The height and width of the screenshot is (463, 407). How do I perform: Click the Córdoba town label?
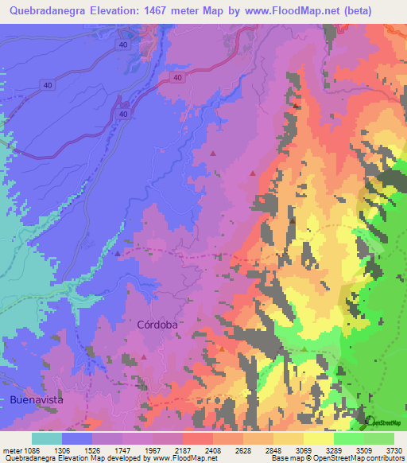156,325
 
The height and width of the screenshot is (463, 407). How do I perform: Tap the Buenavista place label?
36,399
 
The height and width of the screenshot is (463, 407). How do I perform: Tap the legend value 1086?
30,450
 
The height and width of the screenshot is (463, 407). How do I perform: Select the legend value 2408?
213,450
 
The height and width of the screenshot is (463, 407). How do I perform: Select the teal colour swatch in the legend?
47,438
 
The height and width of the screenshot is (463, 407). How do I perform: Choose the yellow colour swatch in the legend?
319,438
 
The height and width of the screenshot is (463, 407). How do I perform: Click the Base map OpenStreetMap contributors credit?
337,459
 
